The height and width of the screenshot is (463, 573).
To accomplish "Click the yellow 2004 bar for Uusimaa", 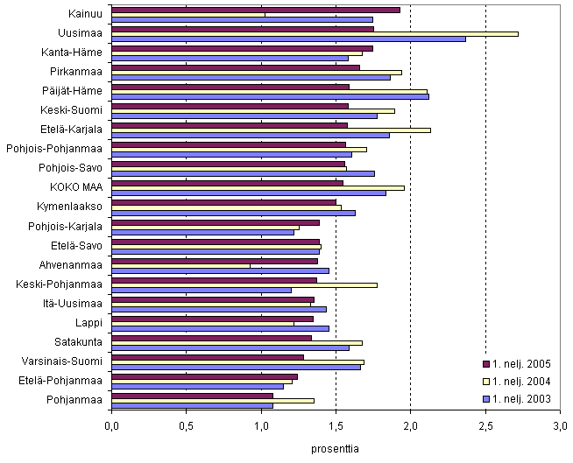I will (315, 33).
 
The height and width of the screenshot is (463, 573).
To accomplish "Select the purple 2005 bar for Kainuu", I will (256, 10).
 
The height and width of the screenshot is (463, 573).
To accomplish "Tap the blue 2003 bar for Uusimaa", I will (288, 39).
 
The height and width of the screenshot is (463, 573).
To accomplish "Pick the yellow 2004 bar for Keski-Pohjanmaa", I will (244, 284).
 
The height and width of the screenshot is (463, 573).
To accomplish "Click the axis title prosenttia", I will (336, 449).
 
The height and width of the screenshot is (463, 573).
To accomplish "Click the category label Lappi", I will (90, 322).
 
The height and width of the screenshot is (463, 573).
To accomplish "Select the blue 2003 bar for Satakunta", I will (230, 347).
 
